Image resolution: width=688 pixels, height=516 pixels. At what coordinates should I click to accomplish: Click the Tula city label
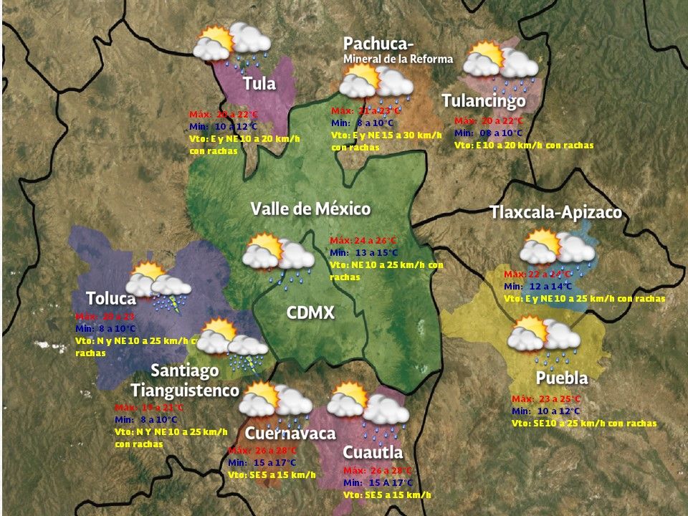[x=259, y=83]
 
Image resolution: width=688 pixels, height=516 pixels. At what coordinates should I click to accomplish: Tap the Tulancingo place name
[x=484, y=101]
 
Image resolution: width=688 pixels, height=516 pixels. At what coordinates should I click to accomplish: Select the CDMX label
[x=310, y=312]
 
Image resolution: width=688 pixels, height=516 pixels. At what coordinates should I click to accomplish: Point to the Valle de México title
[x=310, y=209]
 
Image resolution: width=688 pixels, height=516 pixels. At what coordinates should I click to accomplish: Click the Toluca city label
[x=110, y=298]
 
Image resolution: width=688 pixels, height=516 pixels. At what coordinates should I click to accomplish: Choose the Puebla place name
[x=561, y=378]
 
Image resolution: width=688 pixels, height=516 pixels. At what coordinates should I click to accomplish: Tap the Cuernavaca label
[x=290, y=434]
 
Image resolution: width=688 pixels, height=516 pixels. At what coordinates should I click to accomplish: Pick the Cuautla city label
[x=373, y=452]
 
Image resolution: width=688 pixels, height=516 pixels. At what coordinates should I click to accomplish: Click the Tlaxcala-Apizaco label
[x=555, y=213]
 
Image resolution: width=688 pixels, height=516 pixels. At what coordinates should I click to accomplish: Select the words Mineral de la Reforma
[x=398, y=59]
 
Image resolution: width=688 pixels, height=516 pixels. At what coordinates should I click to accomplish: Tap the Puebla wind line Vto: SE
[x=584, y=423]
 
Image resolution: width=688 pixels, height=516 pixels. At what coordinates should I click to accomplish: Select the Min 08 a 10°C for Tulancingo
[x=489, y=133]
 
